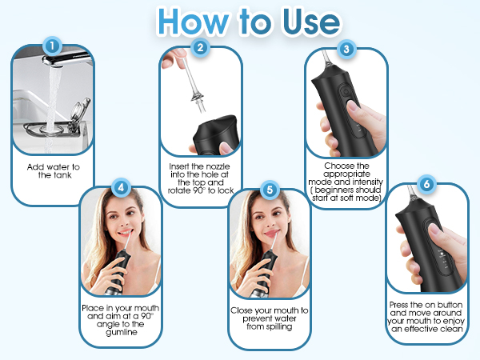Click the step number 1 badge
pyautogui.click(x=52, y=46)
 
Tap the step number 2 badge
pyautogui.click(x=200, y=47)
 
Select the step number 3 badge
pyautogui.click(x=346, y=49)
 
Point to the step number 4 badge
pyautogui.click(x=120, y=188)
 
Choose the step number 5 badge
pyautogui.click(x=270, y=190)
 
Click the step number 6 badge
pyautogui.click(x=426, y=183)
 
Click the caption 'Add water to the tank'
pyautogui.click(x=54, y=170)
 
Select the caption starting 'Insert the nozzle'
pyautogui.click(x=201, y=176)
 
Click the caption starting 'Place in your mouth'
pyautogui.click(x=121, y=319)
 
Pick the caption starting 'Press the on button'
pyautogui.click(x=426, y=315)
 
